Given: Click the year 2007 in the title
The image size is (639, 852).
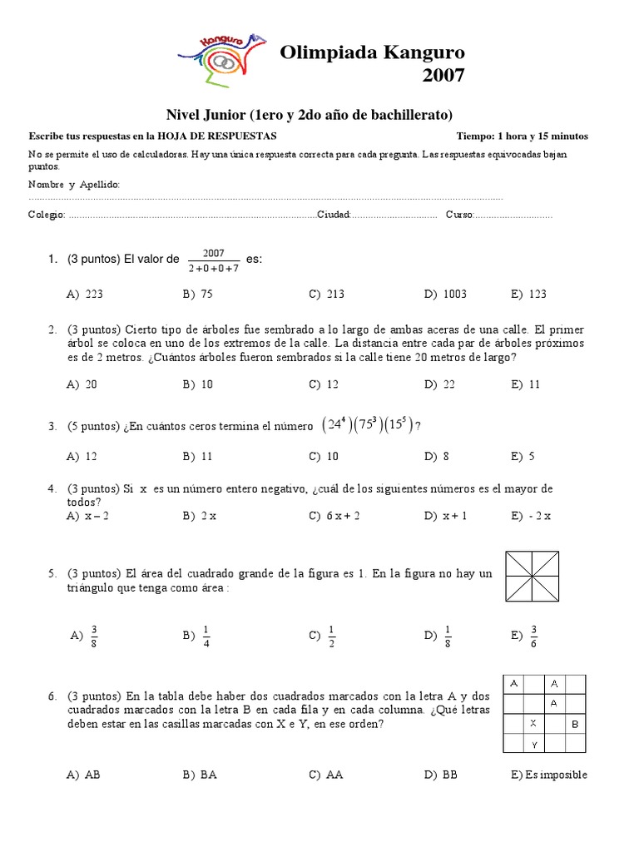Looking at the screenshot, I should point(443,76).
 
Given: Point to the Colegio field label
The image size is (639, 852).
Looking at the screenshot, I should point(47,215).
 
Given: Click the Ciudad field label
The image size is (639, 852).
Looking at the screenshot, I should point(333,215).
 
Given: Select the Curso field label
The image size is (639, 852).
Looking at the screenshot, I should point(458,215).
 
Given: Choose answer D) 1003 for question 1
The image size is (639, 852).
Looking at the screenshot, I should point(445,294).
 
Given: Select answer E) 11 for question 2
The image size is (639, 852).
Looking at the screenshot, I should point(526,384).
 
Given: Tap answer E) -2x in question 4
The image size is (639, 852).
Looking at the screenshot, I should point(532,516).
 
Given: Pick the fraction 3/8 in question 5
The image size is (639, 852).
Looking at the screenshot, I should point(94,636).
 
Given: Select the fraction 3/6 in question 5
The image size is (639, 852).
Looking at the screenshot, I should point(533,636).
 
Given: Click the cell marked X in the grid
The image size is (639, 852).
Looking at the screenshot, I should point(534,724).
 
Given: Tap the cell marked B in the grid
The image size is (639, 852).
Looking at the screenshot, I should point(575,724).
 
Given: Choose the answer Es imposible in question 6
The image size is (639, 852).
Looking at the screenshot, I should point(550,775).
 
